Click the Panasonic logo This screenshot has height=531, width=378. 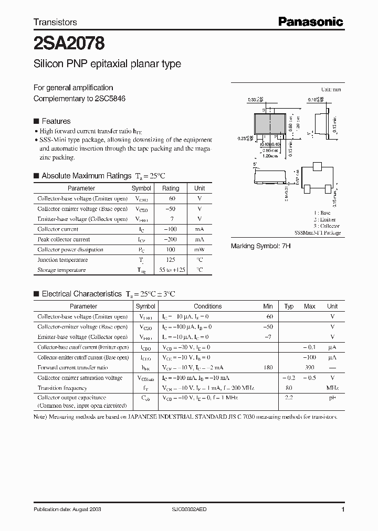click(310, 22)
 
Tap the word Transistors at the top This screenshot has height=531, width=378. click(55, 22)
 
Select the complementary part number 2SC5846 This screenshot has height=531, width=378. click(110, 98)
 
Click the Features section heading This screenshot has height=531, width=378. click(56, 121)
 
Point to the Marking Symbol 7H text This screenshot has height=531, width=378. click(260, 246)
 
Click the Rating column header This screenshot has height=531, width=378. click(171, 188)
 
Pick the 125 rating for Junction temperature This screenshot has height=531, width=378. click(171, 260)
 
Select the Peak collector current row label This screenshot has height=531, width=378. click(66, 239)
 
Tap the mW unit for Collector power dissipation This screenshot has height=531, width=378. click(199, 250)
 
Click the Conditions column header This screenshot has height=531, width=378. click(208, 306)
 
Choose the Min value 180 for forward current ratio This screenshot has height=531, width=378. click(268, 368)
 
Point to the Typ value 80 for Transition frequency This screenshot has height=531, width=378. click(289, 388)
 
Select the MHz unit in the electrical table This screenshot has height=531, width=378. click(332, 388)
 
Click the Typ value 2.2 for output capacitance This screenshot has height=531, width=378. click(289, 398)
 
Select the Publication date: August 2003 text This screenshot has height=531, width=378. click(67, 509)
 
